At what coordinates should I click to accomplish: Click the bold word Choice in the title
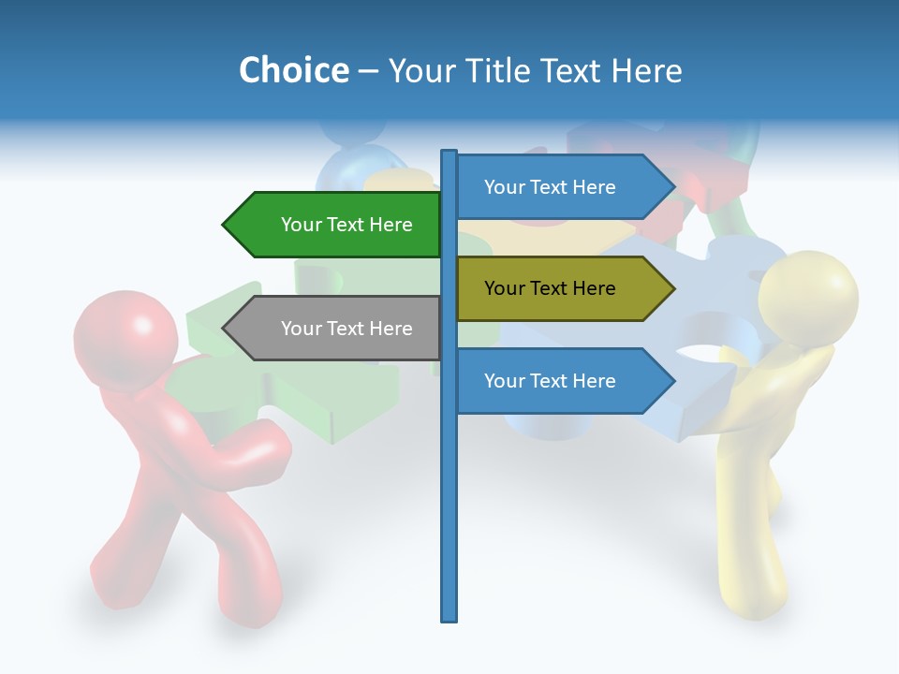[293, 70]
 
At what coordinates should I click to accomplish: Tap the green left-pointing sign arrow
[337, 225]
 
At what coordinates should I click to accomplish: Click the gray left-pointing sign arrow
[337, 329]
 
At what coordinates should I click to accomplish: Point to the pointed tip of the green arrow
[225, 225]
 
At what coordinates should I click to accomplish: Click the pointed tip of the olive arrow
[672, 288]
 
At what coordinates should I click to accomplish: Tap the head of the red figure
[125, 333]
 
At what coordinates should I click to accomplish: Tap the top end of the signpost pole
[449, 153]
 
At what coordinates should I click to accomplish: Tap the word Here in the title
[646, 70]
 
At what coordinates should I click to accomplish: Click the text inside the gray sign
[346, 329]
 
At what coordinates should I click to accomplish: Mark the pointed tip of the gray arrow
[225, 329]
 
